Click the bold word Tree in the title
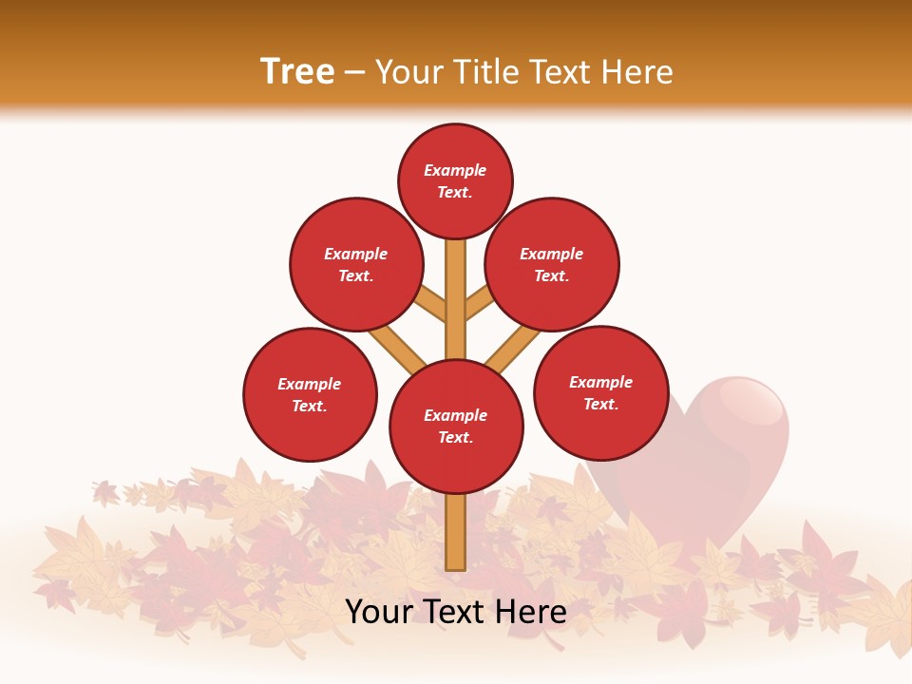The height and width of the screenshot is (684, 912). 297,72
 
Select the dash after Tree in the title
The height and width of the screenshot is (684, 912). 354,73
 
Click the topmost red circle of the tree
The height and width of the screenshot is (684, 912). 455,180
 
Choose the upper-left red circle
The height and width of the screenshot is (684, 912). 356,264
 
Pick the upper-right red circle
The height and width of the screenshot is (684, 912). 552,264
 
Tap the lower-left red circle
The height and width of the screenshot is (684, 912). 310,394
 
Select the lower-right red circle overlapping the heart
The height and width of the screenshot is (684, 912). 600,392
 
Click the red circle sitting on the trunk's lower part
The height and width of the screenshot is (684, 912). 456,427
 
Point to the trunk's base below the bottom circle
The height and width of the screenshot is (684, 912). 456,532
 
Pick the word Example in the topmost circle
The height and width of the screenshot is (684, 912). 455,170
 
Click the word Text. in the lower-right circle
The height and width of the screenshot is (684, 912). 600,404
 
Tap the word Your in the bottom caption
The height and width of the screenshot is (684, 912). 378,612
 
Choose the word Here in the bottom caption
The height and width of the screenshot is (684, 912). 533,612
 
